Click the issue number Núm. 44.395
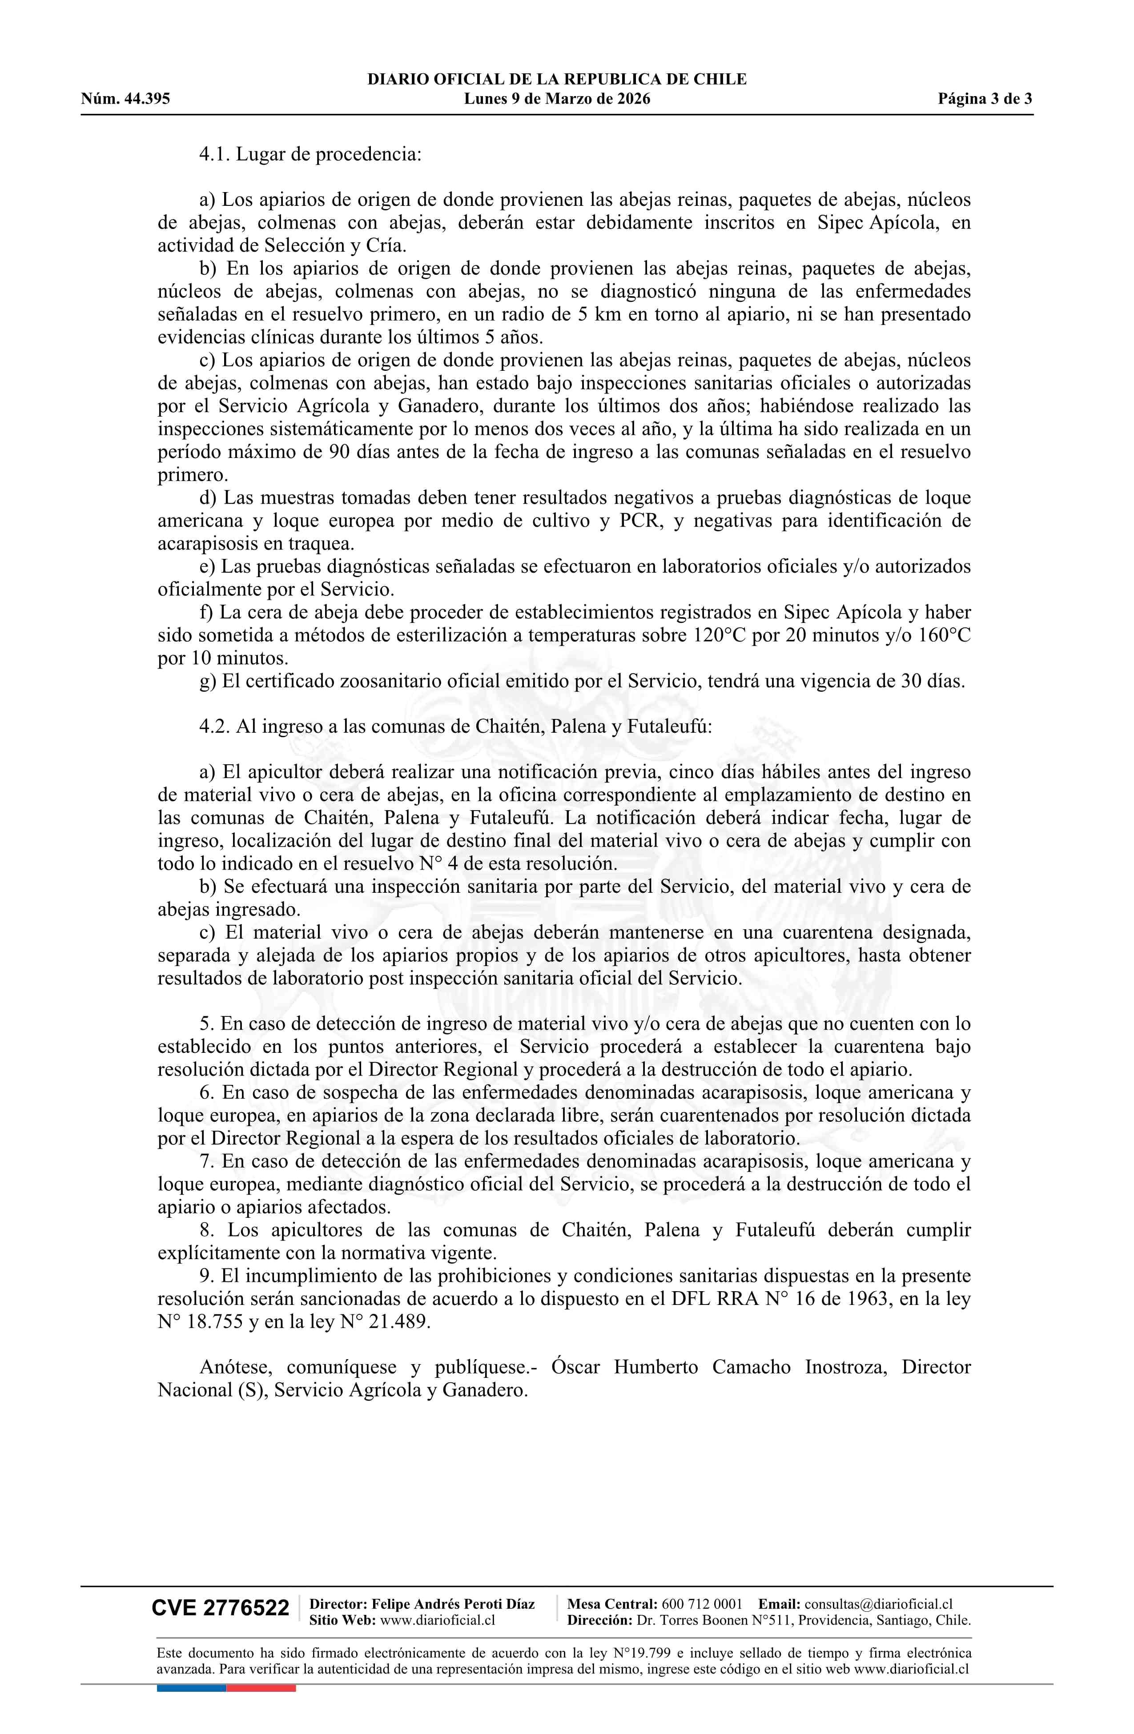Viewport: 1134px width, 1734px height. point(125,99)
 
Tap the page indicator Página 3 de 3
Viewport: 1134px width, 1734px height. point(985,99)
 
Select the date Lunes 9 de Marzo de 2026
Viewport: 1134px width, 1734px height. point(557,99)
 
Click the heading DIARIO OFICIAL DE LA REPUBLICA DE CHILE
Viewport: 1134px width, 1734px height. point(557,80)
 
